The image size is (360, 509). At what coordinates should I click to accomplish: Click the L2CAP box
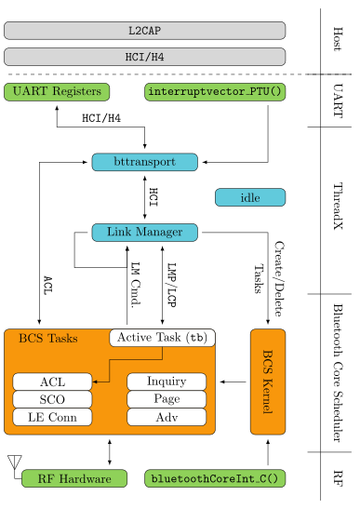[145, 31]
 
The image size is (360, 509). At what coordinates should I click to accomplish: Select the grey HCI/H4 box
[145, 57]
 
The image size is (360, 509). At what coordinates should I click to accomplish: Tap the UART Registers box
[57, 92]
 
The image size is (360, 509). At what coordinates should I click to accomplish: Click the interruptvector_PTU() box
[215, 92]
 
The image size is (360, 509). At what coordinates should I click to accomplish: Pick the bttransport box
[145, 162]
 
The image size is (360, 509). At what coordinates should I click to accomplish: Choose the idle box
[250, 197]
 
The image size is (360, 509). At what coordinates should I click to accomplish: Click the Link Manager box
[145, 233]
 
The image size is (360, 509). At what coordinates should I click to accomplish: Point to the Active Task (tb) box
[162, 338]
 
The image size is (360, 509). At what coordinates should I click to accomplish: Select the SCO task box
[52, 399]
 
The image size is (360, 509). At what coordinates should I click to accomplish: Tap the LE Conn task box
[52, 417]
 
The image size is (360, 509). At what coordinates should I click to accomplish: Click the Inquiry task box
[167, 382]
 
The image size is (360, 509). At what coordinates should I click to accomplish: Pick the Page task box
[167, 399]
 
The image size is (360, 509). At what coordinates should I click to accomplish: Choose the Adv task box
[167, 417]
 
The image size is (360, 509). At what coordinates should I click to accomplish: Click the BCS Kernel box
[268, 382]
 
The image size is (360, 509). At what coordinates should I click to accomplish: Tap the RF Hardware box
[74, 478]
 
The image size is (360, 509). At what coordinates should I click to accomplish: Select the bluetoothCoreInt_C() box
[215, 478]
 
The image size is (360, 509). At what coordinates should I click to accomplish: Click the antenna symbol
[15, 462]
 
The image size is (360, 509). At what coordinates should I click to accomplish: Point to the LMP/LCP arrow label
[171, 285]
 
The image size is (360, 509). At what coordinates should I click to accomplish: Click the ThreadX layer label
[338, 207]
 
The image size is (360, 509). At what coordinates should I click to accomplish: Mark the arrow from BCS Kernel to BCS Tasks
[233, 382]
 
